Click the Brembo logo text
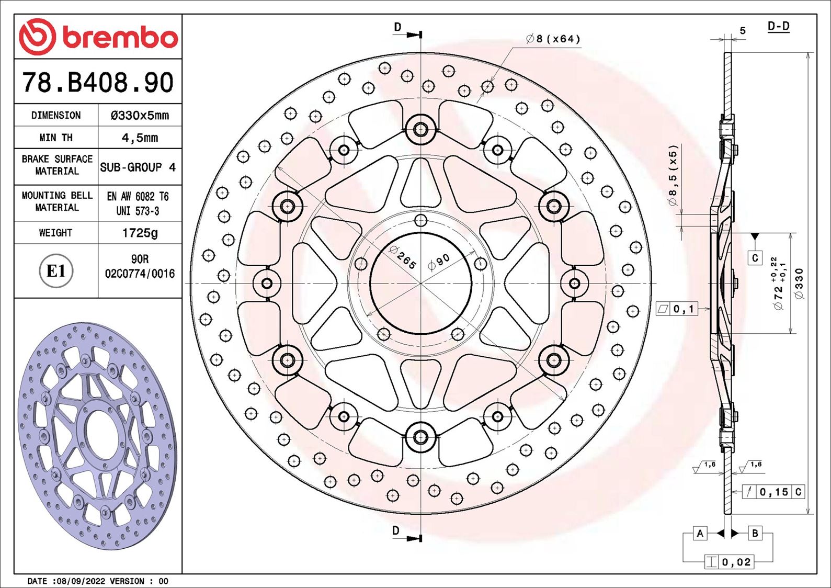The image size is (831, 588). tap(120, 38)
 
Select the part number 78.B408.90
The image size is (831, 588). tap(98, 83)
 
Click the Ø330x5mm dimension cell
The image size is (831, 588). tap(140, 116)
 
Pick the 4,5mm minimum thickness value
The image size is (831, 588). tap(140, 138)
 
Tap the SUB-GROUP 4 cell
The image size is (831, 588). tap(138, 167)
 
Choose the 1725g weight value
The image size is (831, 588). tap(140, 233)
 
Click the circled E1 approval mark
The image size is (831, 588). tap(56, 271)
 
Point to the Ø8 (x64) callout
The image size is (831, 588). tap(553, 39)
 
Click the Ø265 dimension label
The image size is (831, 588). tap(403, 257)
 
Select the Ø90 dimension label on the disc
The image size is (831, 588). tap(439, 262)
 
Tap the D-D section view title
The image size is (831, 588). tap(778, 26)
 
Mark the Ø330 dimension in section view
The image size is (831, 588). tap(799, 284)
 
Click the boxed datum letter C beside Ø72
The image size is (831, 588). tap(755, 258)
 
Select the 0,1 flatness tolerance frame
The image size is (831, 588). tap(677, 309)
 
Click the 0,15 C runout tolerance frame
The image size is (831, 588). tap(773, 492)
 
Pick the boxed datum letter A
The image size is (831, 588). tap(700, 533)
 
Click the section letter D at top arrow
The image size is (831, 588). tap(398, 27)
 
